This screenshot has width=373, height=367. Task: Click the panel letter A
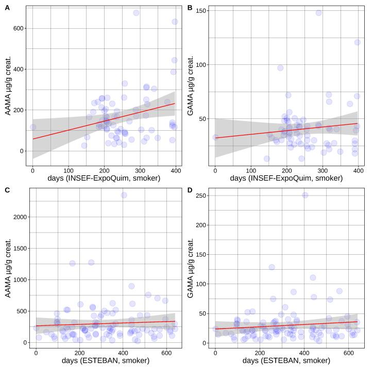point(7,8)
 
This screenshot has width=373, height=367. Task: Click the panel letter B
point(190,8)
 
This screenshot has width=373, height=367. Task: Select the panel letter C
point(7,190)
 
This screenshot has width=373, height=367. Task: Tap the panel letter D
point(190,190)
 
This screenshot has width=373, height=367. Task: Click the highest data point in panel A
point(136,13)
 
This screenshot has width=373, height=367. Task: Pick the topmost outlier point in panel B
point(319,13)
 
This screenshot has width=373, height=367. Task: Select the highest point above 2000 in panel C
point(124,195)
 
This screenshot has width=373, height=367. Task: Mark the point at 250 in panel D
point(305,195)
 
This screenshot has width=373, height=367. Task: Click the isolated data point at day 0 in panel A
point(33,127)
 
